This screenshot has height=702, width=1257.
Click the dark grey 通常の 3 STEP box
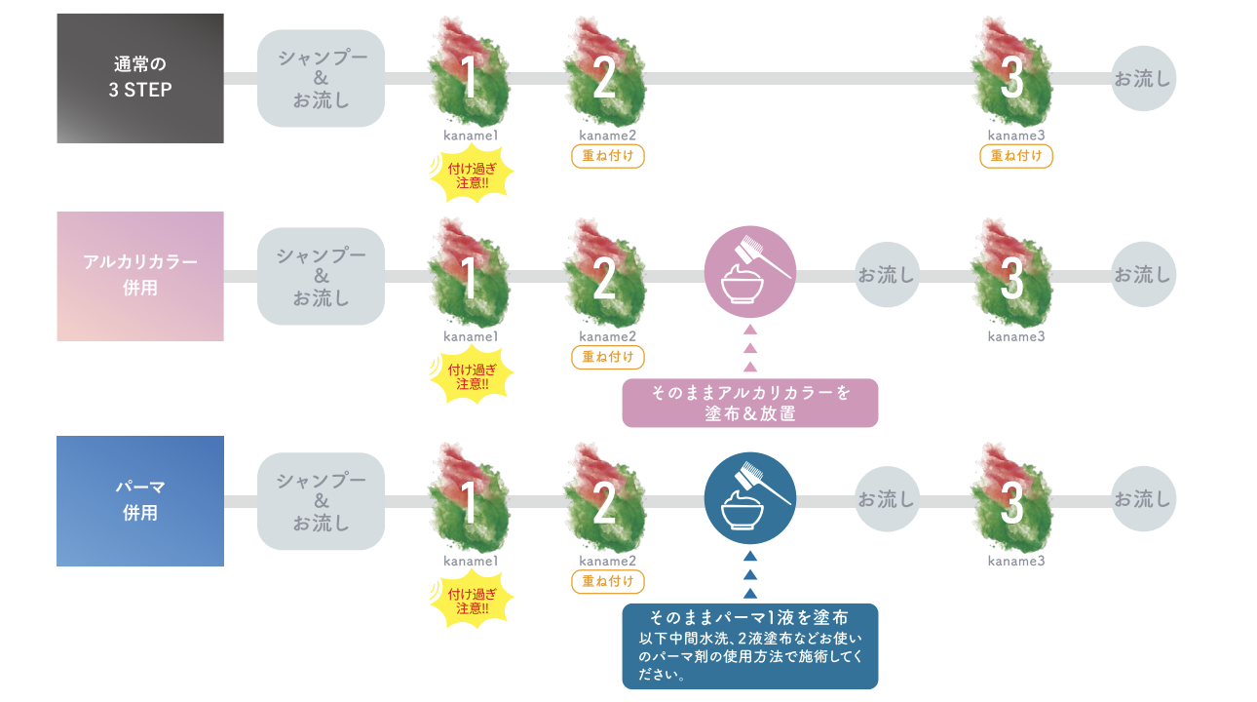(140, 79)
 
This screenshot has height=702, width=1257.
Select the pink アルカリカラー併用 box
(140, 276)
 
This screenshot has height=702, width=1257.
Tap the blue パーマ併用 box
(140, 501)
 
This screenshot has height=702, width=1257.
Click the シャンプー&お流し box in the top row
(321, 79)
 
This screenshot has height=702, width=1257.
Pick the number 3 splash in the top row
(1012, 72)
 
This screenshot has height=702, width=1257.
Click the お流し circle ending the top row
(1143, 79)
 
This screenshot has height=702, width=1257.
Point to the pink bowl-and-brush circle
(750, 272)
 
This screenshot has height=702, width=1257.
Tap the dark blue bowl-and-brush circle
(750, 498)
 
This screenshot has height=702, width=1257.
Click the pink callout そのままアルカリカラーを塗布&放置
(750, 403)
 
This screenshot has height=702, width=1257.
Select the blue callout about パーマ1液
(750, 646)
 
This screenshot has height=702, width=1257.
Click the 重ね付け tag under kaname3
(1016, 156)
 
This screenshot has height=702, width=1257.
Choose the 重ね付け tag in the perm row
(608, 581)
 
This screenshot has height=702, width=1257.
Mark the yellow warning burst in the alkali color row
(472, 374)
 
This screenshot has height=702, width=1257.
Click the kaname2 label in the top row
(608, 136)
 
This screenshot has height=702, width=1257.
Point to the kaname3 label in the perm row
(1016, 561)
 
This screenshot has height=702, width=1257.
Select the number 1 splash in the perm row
(470, 497)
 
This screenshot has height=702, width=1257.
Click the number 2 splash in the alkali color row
(605, 274)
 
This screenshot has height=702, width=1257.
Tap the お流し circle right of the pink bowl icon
(887, 275)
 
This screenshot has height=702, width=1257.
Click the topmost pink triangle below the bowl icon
(750, 331)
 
